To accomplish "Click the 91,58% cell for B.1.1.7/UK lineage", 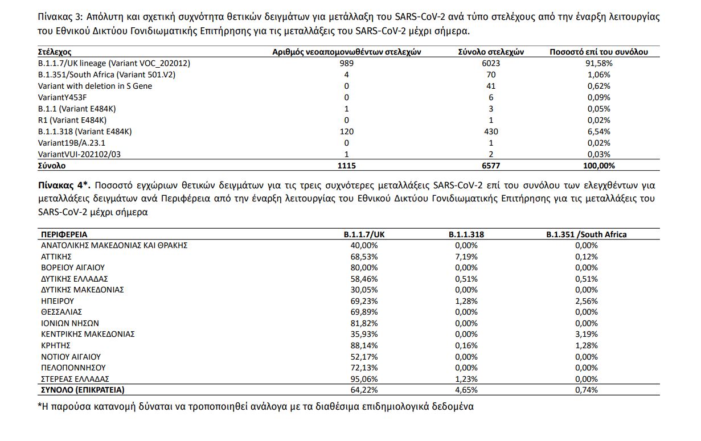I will pyautogui.click(x=598, y=63).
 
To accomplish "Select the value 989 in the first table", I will pyautogui.click(x=346, y=63).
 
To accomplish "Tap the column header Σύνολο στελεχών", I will pyautogui.click(x=491, y=52).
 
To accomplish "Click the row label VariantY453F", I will pyautogui.click(x=63, y=97).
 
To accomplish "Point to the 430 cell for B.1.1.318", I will pyautogui.click(x=491, y=131).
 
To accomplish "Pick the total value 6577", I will pyautogui.click(x=491, y=166).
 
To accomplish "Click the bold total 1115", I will pyautogui.click(x=346, y=166).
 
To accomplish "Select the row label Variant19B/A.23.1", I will pyautogui.click(x=72, y=143).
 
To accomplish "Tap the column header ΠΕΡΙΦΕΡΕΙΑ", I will pyautogui.click(x=64, y=234).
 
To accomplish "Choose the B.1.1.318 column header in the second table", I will pyautogui.click(x=466, y=234).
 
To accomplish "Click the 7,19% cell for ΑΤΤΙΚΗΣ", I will pyautogui.click(x=466, y=257).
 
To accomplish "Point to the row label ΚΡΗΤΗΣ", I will pyautogui.click(x=55, y=345).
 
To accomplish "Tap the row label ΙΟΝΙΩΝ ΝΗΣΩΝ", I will pyautogui.click(x=69, y=323).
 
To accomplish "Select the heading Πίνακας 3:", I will pyautogui.click(x=59, y=17).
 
